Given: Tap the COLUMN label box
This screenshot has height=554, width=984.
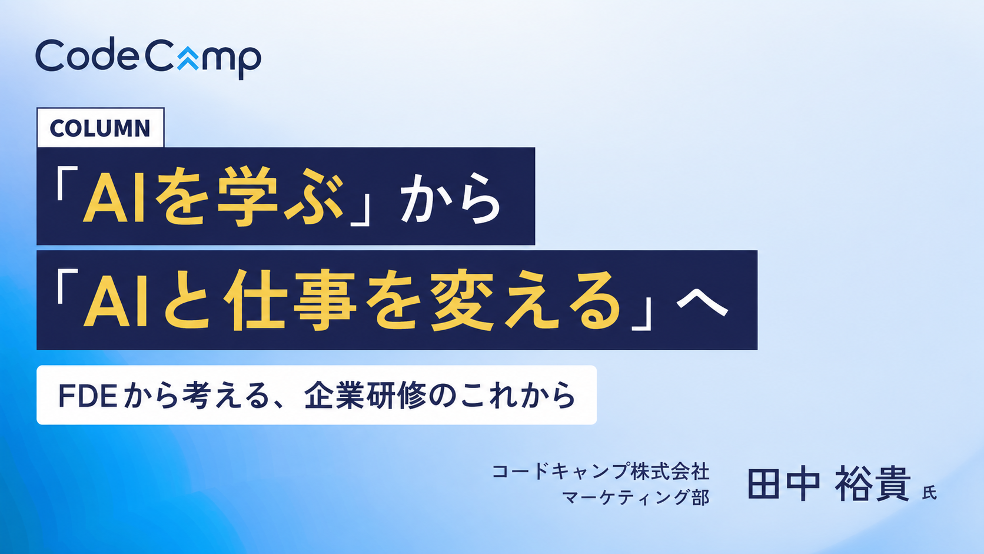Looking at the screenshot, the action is pyautogui.click(x=101, y=127).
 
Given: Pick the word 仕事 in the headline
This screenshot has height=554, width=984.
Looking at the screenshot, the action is pyautogui.click(x=290, y=300).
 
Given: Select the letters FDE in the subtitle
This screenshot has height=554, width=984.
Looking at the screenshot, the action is pyautogui.click(x=88, y=396).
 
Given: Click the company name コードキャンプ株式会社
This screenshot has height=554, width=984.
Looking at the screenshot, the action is pyautogui.click(x=600, y=472).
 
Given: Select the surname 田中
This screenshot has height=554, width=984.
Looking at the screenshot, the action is pyautogui.click(x=784, y=484).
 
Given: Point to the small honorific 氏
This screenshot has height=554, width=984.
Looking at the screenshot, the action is pyautogui.click(x=929, y=493).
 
